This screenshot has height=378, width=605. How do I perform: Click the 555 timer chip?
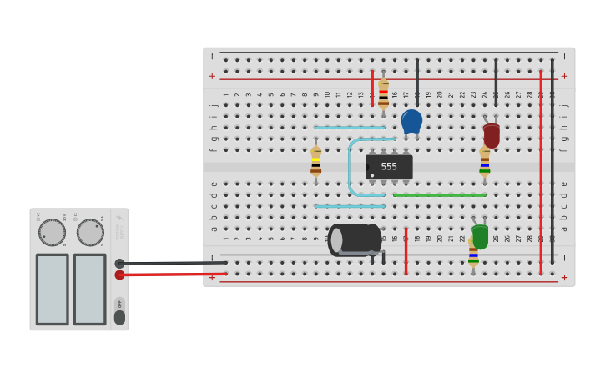(389, 167)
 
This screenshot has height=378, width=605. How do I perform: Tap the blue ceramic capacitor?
(411, 122)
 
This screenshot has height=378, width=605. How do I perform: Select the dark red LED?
(492, 135)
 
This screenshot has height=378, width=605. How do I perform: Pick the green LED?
(480, 236)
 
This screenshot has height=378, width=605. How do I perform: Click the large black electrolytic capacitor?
(355, 239)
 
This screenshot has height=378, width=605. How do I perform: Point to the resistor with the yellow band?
(315, 162)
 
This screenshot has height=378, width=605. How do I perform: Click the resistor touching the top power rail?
(383, 93)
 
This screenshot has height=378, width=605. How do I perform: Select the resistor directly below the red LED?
(485, 162)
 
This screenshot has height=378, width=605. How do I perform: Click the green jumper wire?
(439, 195)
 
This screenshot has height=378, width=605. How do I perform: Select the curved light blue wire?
(351, 167)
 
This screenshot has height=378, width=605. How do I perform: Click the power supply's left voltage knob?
(52, 233)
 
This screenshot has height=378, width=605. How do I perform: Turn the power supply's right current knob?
(90, 233)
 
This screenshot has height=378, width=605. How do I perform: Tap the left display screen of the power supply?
(52, 289)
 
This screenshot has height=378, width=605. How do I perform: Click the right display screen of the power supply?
(89, 289)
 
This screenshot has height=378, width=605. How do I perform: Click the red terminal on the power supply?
(119, 275)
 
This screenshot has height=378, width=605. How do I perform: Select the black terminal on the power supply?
(119, 264)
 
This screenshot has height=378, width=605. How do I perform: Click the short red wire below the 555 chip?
(406, 250)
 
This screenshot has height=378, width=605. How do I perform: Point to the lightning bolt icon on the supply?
(119, 219)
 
